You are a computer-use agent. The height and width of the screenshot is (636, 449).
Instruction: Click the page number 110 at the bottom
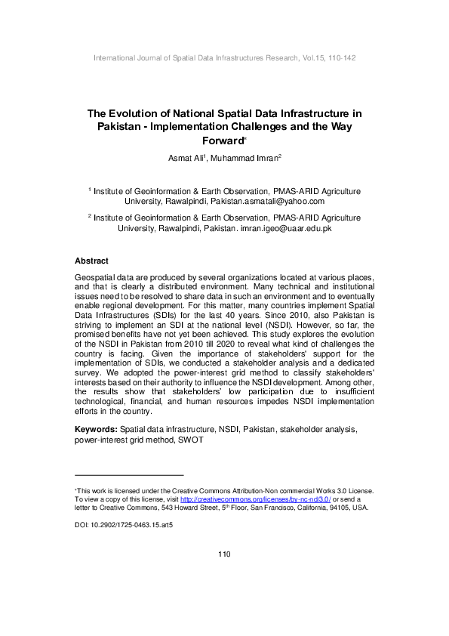(x=223, y=554)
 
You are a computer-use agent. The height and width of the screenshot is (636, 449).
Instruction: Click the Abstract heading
(x=92, y=261)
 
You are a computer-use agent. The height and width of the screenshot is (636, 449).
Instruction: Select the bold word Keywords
(x=96, y=429)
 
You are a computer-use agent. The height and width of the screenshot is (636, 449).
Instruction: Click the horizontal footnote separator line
(x=130, y=474)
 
